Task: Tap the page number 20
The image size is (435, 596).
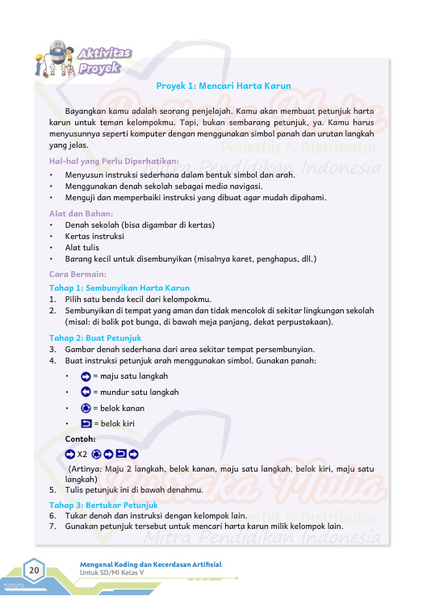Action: (x=35, y=572)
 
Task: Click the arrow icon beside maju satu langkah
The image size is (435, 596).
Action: (x=86, y=376)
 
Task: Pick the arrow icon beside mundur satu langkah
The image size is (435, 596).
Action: (x=86, y=392)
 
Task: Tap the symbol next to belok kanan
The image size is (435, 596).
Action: (x=86, y=408)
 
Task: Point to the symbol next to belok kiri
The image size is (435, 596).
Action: (x=86, y=423)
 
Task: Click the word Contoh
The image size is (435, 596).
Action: (x=80, y=439)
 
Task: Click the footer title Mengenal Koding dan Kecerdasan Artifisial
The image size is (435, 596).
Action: (x=150, y=563)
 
